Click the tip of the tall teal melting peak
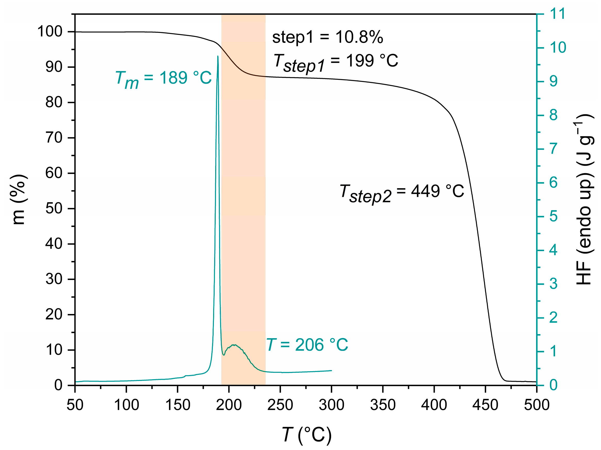coord(218,56)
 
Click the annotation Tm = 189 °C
coord(163,79)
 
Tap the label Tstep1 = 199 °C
coord(336,62)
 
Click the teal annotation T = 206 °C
coord(307,345)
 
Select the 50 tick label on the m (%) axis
coord(54,209)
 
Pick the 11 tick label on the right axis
coord(557,14)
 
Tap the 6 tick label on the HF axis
coord(553,182)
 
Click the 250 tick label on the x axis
coord(280,405)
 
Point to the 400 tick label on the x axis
coord(434,405)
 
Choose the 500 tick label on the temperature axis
coord(536,405)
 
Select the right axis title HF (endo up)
coord(584,200)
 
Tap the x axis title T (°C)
coord(306,435)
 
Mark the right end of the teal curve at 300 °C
coord(331,370)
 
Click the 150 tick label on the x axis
coord(177,405)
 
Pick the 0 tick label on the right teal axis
coord(553,385)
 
